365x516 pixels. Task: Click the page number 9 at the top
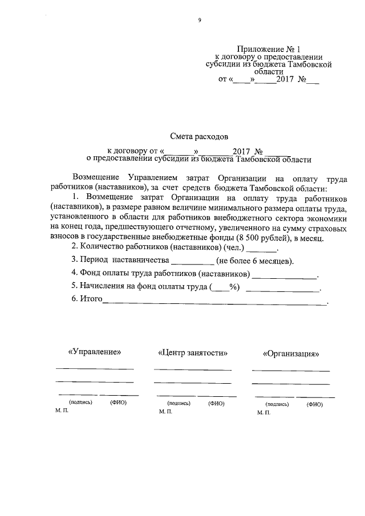(200, 21)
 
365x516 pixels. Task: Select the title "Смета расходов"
(199, 137)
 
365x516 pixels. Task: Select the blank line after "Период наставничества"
(193, 263)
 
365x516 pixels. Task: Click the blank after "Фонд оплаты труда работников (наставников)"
(285, 277)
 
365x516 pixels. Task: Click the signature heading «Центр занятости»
(192, 352)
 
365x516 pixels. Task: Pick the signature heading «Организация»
(291, 353)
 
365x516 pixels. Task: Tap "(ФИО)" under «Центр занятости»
(216, 402)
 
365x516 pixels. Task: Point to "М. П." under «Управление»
(62, 411)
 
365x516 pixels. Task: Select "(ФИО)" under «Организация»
(314, 404)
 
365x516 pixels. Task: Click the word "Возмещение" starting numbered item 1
(108, 197)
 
